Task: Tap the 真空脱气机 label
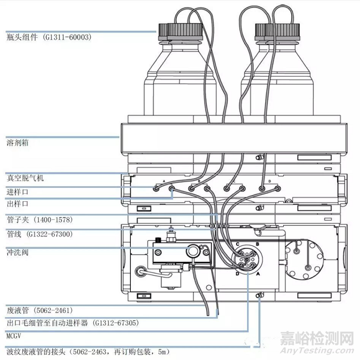tap(25, 178)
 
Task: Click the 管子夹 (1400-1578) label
tap(40, 219)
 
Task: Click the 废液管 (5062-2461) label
tap(40, 310)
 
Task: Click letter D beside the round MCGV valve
tap(238, 274)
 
